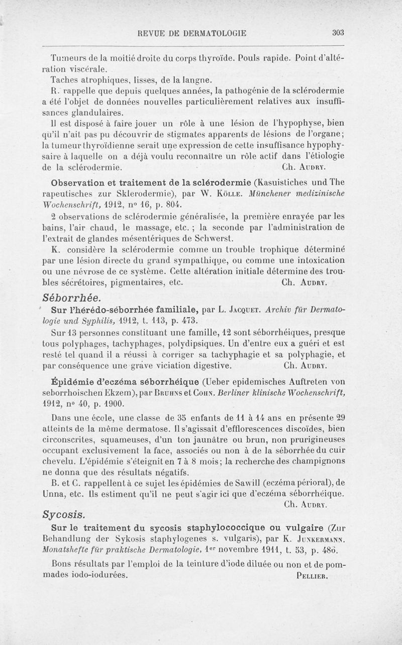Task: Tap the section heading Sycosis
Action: click(x=64, y=514)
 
